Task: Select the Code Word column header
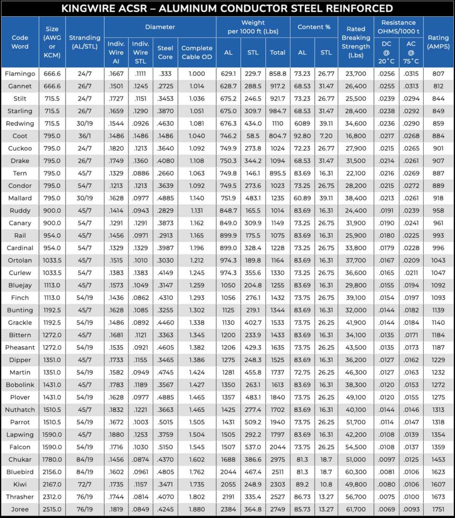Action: [x=20, y=42]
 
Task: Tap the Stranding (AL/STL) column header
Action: [x=84, y=42]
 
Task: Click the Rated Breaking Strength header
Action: [x=356, y=42]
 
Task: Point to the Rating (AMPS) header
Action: [x=438, y=42]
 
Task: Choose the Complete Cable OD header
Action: [x=197, y=53]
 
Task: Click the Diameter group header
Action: [x=160, y=27]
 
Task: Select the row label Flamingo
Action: [x=20, y=74]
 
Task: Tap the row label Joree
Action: [x=20, y=509]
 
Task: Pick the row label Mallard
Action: [x=20, y=198]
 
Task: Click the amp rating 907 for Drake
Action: [x=438, y=161]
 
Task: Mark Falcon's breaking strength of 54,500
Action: [x=356, y=447]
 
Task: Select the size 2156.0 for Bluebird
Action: [x=52, y=472]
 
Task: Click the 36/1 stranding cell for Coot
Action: [x=84, y=136]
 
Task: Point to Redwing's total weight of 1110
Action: [x=278, y=123]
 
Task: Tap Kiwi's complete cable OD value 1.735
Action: [x=197, y=485]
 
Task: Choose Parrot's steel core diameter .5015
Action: [x=165, y=422]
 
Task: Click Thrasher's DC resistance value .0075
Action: [x=386, y=497]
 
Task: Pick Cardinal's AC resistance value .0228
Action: [x=411, y=248]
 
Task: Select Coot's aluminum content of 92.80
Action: [x=302, y=136]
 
